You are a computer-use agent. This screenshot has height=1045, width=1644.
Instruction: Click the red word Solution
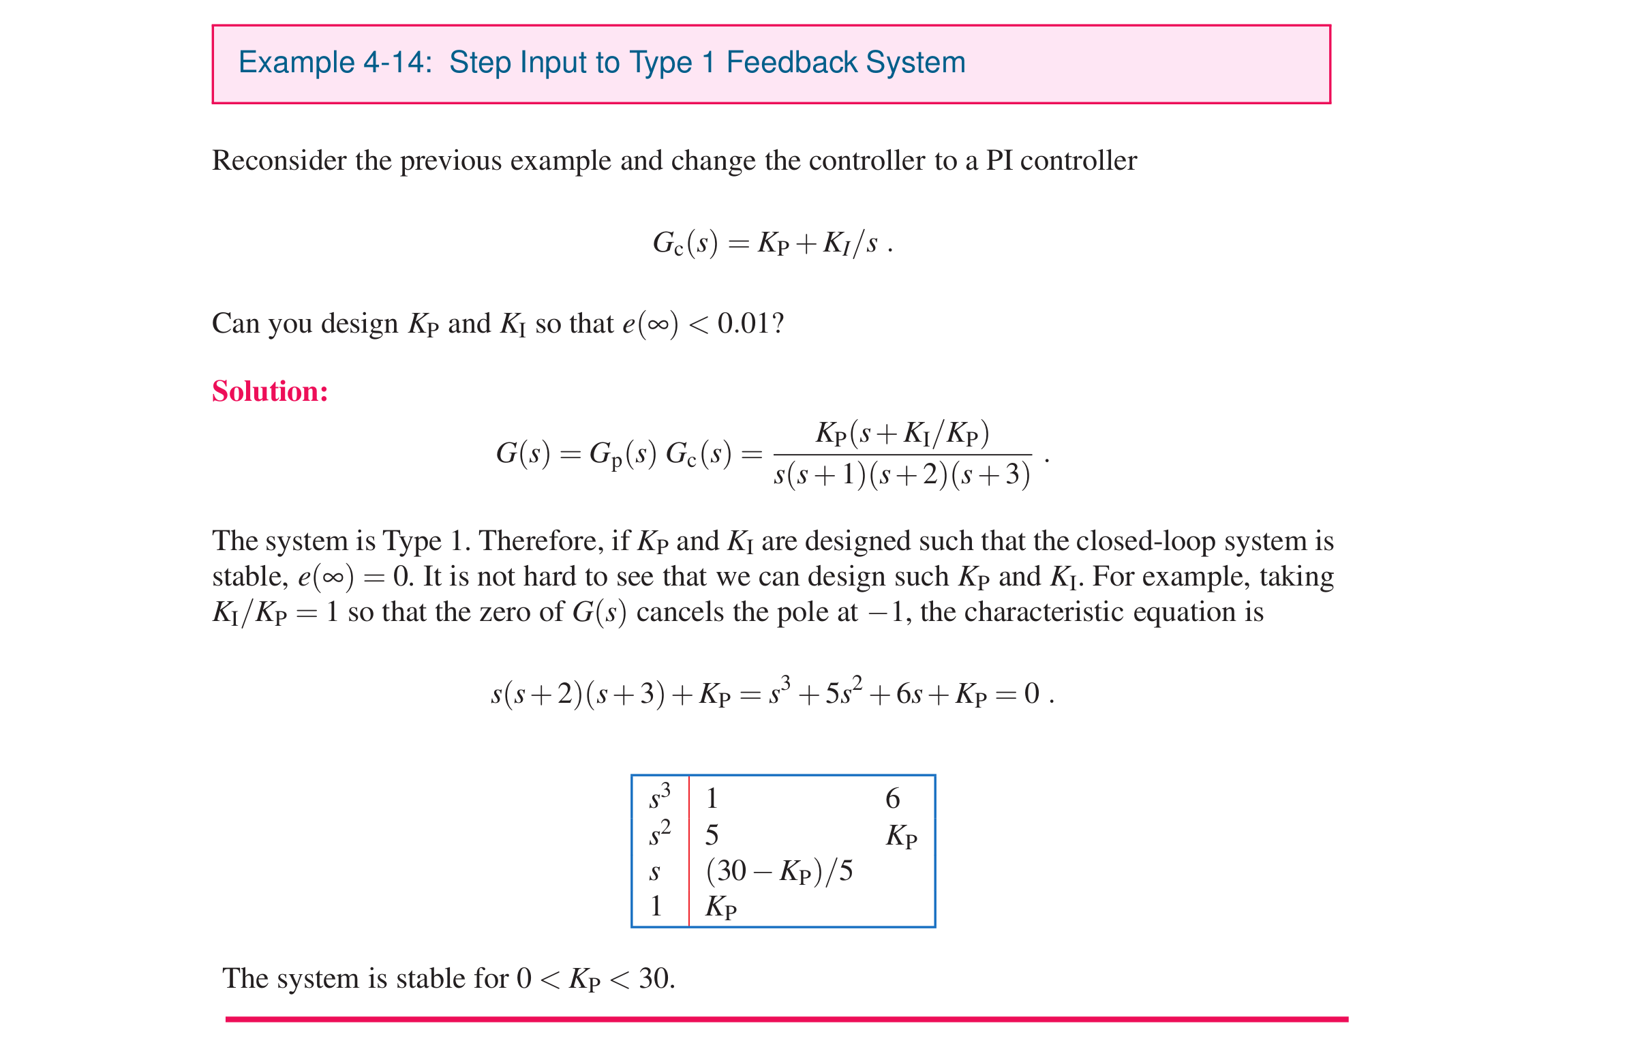point(270,392)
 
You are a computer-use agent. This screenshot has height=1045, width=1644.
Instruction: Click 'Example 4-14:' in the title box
point(335,63)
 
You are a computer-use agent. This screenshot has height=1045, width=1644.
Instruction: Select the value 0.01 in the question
point(744,324)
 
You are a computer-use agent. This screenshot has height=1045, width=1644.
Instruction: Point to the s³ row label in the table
point(660,797)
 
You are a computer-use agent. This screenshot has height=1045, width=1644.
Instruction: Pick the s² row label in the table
point(660,834)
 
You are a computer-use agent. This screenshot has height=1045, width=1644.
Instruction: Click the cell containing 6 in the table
point(892,798)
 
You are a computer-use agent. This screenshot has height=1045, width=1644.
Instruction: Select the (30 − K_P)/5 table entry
point(779,872)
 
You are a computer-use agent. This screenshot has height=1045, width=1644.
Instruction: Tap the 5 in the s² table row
point(712,835)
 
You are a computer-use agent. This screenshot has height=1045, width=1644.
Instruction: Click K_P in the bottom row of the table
point(721,907)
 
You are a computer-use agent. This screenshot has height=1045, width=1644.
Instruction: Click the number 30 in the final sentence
point(654,979)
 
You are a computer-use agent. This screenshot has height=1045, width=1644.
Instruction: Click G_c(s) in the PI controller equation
point(685,244)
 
